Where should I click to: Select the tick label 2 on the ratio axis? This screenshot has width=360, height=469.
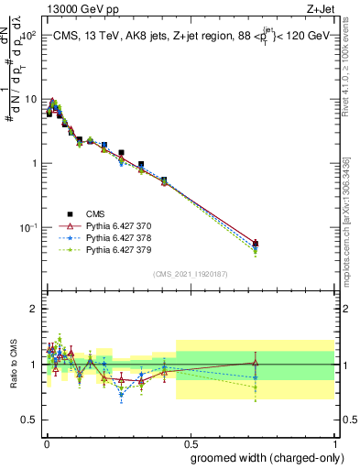tap(34, 309)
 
